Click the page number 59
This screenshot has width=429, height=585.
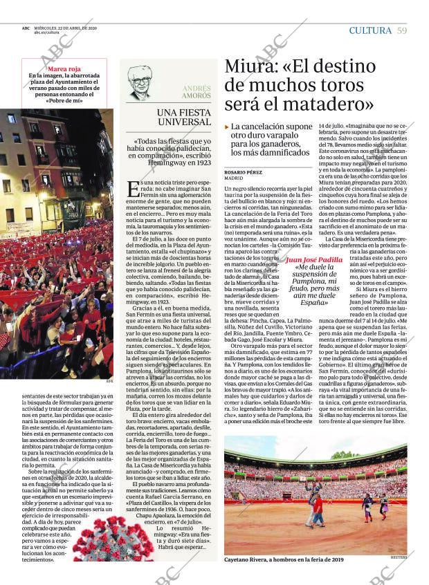point(402,30)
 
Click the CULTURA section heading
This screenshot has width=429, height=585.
point(370,30)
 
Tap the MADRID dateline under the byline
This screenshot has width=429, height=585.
point(234,178)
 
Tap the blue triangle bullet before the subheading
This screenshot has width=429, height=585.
point(227,127)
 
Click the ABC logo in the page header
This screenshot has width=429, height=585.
point(26,28)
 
